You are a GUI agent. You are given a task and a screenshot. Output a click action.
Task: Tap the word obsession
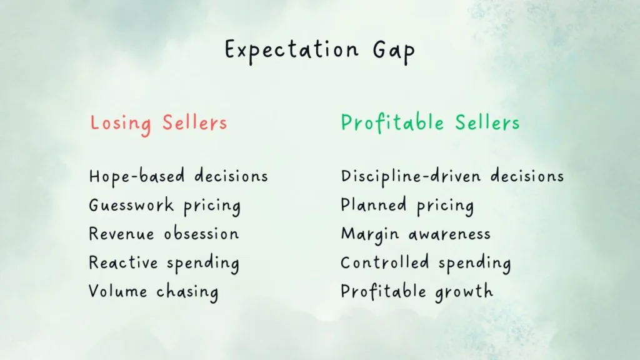(x=201, y=234)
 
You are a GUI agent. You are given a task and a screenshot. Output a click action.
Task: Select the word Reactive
(x=123, y=262)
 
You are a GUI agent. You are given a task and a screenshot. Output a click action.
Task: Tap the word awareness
(x=449, y=234)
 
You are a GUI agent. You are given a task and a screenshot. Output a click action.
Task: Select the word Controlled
(x=384, y=262)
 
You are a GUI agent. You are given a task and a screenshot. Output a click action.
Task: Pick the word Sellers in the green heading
(x=487, y=122)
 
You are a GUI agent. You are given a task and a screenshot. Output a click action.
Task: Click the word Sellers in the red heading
(x=194, y=122)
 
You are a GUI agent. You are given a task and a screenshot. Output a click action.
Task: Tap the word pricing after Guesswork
(x=212, y=206)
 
